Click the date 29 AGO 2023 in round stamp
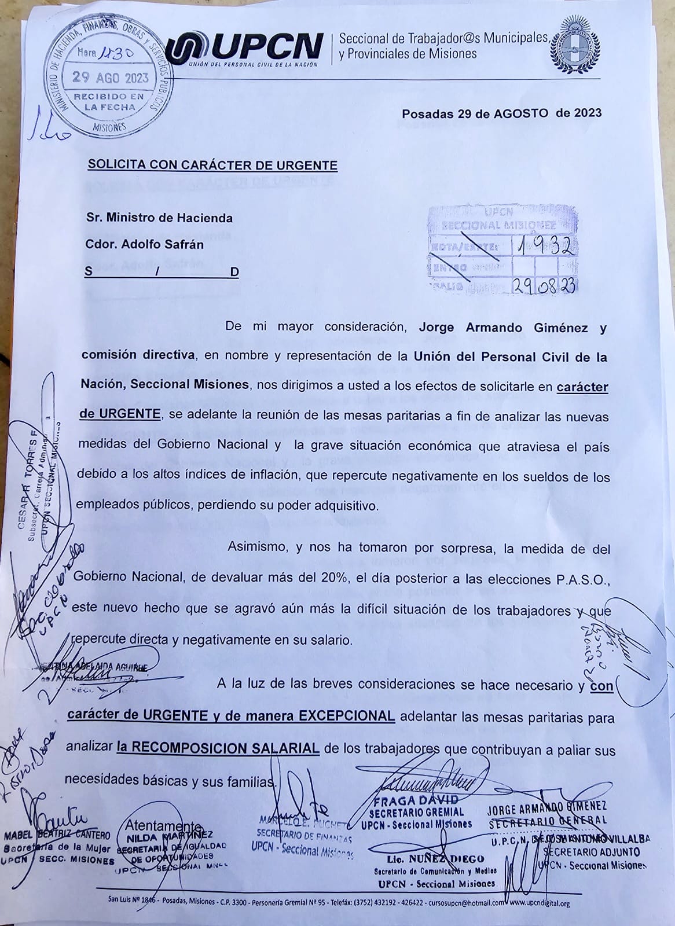[x=110, y=78]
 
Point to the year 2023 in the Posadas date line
[x=588, y=113]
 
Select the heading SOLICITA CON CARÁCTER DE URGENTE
[x=212, y=165]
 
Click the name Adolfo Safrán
[x=164, y=244]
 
